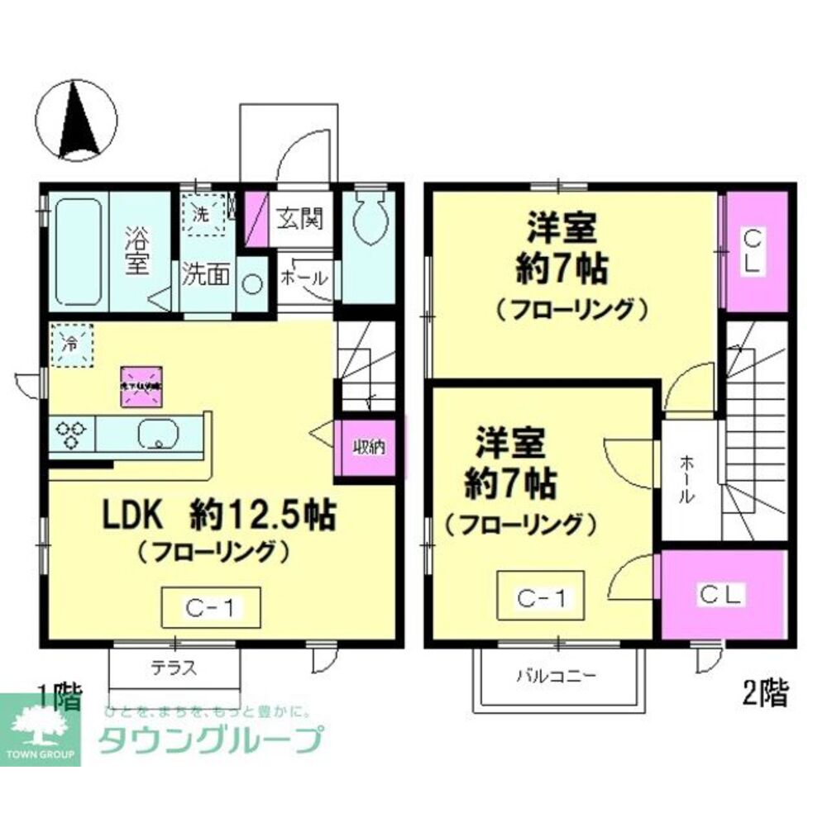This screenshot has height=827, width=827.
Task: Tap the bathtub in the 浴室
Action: coord(79,250)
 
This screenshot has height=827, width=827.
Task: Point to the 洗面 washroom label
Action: coord(206,274)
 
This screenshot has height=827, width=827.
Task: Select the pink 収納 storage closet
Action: coord(368,448)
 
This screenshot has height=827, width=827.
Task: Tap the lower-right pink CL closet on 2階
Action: coord(722,592)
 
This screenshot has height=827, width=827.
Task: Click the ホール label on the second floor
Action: coord(687,482)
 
